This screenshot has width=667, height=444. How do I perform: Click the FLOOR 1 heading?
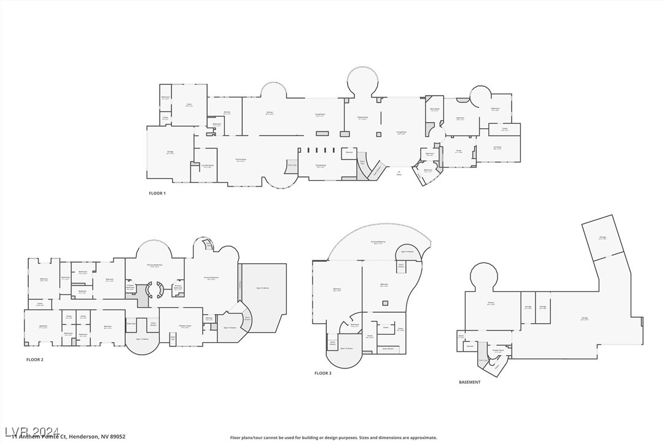click(x=157, y=193)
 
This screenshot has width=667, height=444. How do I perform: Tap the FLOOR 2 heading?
click(x=34, y=359)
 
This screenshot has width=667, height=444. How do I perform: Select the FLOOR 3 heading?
click(x=323, y=373)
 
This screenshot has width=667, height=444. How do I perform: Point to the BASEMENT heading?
click(x=470, y=382)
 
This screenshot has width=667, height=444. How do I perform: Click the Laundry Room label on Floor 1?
click(x=208, y=166)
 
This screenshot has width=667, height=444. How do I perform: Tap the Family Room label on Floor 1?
click(x=240, y=161)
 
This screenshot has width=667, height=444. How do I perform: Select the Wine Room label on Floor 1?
click(x=435, y=110)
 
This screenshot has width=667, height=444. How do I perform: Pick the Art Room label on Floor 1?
click(x=497, y=147)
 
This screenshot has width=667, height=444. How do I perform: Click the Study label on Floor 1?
click(x=459, y=151)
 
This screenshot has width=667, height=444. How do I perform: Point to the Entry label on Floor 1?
click(x=399, y=175)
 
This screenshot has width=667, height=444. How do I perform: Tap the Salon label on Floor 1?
click(x=189, y=105)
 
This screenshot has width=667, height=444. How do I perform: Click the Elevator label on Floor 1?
click(x=349, y=151)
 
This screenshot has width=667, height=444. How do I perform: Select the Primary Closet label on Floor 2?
click(x=185, y=326)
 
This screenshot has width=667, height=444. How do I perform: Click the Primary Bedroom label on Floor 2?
click(x=211, y=278)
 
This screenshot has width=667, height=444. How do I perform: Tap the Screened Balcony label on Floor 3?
click(x=378, y=243)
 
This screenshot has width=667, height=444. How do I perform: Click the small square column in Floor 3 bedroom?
click(x=384, y=302)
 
